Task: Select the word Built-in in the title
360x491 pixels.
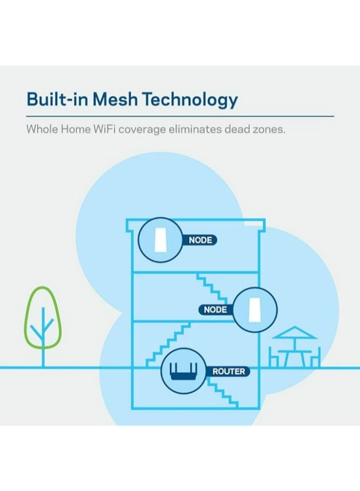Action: point(58,100)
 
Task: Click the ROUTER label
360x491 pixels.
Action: point(229,372)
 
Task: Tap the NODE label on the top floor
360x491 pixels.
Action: point(200,240)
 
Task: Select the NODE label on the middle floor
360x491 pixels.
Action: point(215,310)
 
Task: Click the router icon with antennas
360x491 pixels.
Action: point(183,373)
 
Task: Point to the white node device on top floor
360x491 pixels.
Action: point(159,239)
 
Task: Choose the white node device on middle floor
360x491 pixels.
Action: point(255,309)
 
